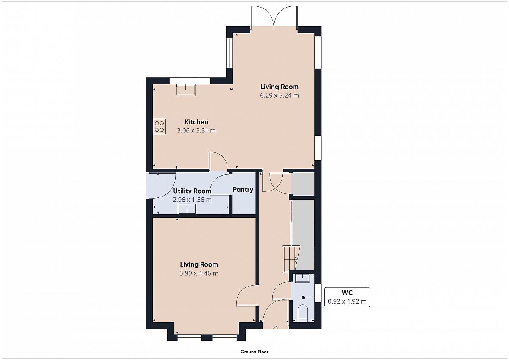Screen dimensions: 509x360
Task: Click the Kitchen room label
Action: pyautogui.click(x=196, y=122)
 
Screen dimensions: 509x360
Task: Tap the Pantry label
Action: pyautogui.click(x=243, y=190)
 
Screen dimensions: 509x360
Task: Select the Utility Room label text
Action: pyautogui.click(x=192, y=191)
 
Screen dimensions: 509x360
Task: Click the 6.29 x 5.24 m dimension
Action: pyautogui.click(x=280, y=96)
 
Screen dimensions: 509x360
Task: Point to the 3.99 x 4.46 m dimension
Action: pyautogui.click(x=199, y=273)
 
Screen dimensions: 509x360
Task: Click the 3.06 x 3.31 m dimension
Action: pyautogui.click(x=196, y=131)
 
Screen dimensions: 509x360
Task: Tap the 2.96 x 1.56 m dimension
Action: pyautogui.click(x=192, y=200)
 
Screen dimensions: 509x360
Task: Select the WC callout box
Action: pyautogui.click(x=347, y=297)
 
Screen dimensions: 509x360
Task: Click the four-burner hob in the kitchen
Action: pyautogui.click(x=159, y=127)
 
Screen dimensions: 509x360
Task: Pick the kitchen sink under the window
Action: pyautogui.click(x=186, y=90)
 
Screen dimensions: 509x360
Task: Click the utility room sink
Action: pyautogui.click(x=187, y=208)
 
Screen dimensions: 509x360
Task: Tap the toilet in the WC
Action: pyautogui.click(x=302, y=314)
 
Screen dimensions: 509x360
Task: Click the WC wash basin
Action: pyautogui.click(x=303, y=278)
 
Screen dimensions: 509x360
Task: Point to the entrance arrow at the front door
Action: pyautogui.click(x=276, y=329)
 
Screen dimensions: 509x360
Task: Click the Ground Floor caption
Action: pyautogui.click(x=255, y=352)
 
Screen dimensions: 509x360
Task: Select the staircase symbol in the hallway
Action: pyautogui.click(x=291, y=259)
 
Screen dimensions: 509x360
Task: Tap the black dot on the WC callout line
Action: pyautogui.click(x=303, y=298)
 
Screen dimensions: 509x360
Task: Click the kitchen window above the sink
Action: pyautogui.click(x=190, y=81)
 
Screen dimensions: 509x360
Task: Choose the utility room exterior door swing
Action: pyautogui.click(x=161, y=186)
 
